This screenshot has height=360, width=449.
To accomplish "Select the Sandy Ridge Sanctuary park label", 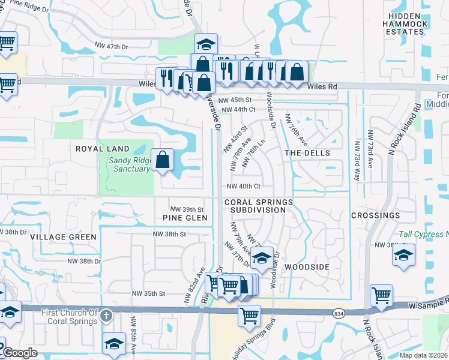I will click(x=129, y=164).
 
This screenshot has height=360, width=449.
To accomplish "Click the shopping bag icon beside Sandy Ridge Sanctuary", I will click(x=163, y=160).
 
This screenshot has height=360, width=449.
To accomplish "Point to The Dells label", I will click(x=307, y=153).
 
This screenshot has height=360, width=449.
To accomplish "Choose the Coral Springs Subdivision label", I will click(x=259, y=206).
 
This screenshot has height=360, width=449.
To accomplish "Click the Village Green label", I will click(x=64, y=237).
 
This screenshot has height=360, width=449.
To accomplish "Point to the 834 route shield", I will click(x=339, y=313).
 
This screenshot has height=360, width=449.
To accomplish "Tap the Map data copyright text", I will click(x=424, y=355).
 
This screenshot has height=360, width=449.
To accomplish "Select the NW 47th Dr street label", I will click(x=112, y=46).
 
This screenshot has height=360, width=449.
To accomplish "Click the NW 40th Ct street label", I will click(x=243, y=187).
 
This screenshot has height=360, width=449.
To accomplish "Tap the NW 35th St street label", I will click(x=148, y=293).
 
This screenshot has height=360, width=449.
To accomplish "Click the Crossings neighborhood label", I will click(x=375, y=215).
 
